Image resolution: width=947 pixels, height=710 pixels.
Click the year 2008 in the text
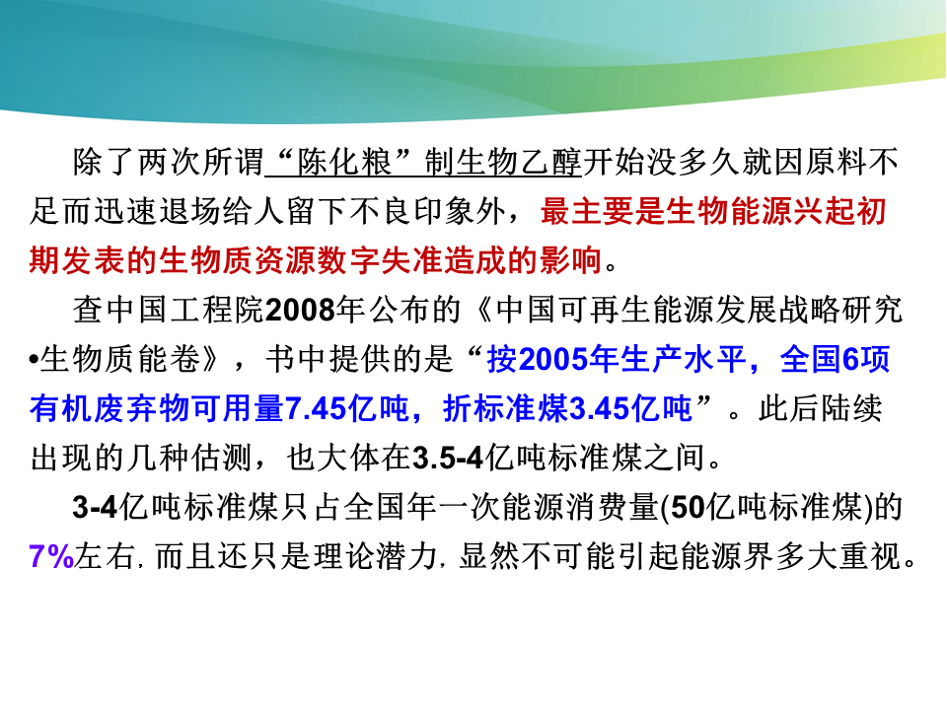[300, 311]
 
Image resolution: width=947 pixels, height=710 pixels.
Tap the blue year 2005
[552, 360]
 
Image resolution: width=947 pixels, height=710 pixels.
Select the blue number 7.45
[315, 408]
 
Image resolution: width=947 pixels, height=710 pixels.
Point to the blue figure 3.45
[599, 408]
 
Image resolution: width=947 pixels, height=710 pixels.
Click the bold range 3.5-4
[448, 459]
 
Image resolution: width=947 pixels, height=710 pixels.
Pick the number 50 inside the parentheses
[688, 507]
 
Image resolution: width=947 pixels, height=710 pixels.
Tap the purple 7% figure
[51, 556]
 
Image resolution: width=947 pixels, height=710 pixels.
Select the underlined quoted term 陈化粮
[344, 163]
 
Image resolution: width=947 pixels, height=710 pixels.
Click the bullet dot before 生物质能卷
[34, 361]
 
